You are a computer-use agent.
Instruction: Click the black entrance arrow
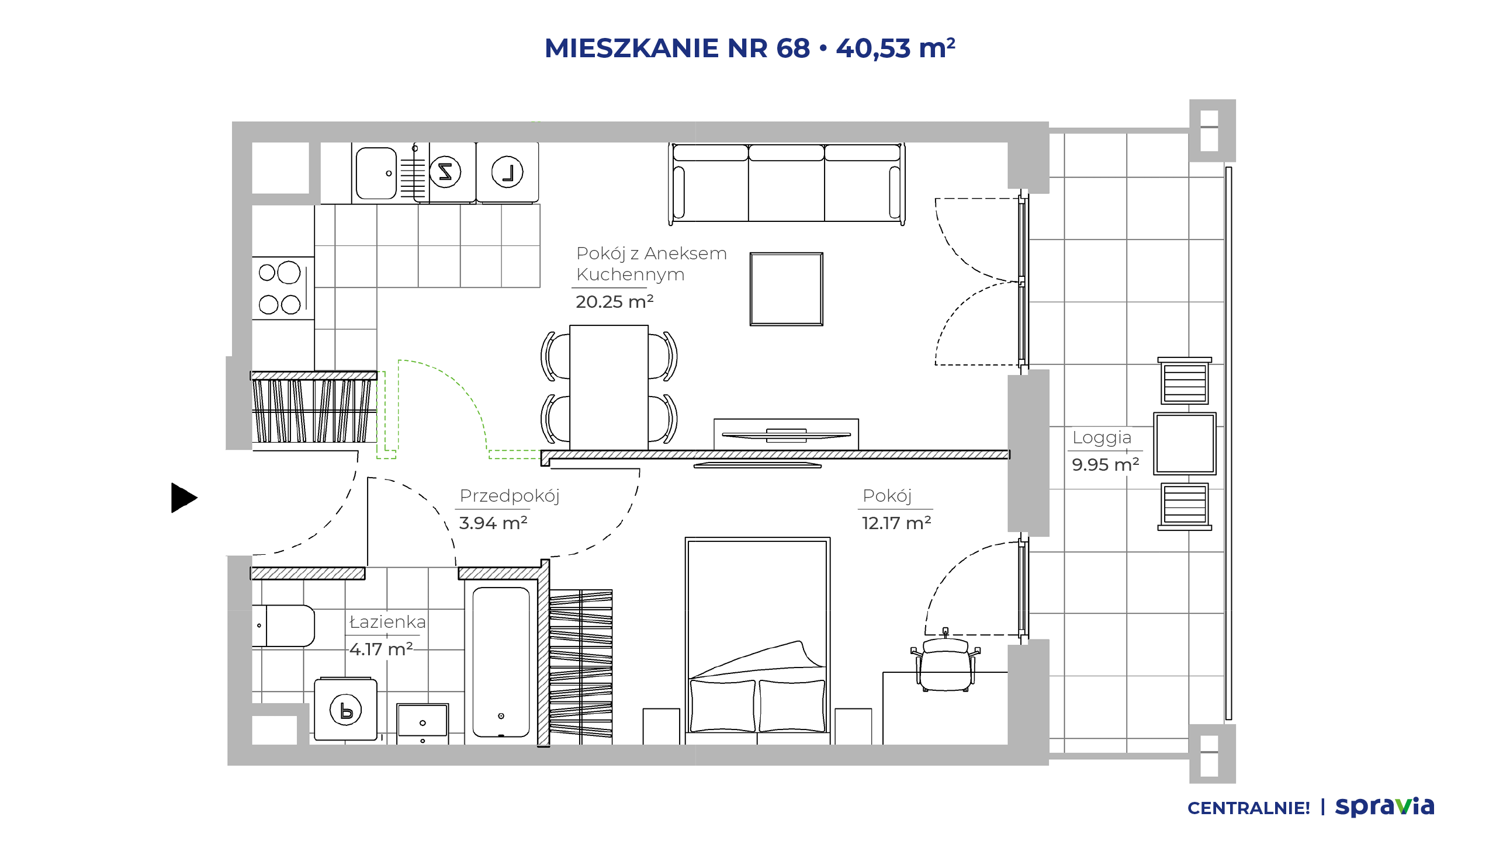[x=183, y=498]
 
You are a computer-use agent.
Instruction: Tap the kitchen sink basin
[x=376, y=173]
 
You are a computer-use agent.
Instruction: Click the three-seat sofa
[x=787, y=183]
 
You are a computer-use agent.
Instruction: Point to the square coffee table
[x=787, y=289]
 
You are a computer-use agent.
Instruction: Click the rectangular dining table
[x=609, y=387]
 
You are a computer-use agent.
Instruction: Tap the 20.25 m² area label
[x=614, y=301]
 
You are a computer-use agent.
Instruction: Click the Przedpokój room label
[x=510, y=496]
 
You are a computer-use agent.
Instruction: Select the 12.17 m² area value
[x=896, y=523]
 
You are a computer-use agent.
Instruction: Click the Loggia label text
[x=1102, y=438]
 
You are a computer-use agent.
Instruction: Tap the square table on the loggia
[x=1185, y=444]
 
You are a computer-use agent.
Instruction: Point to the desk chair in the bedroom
[x=946, y=661]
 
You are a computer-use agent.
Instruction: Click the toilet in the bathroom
[x=283, y=625]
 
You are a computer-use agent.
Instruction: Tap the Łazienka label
[x=387, y=622]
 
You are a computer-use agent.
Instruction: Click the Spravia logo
[x=1384, y=807]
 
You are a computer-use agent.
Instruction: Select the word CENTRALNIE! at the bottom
[x=1249, y=808]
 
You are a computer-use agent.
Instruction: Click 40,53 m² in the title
[x=896, y=48]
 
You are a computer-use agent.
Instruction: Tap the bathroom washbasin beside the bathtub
[x=423, y=724]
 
